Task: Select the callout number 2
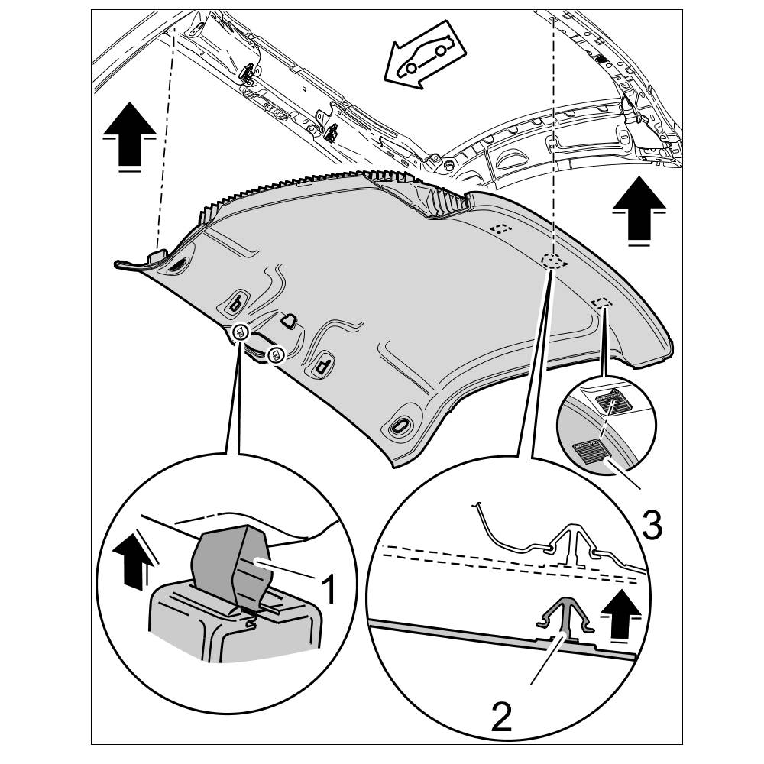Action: [x=501, y=717]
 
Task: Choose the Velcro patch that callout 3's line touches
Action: [x=590, y=452]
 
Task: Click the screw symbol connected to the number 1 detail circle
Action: [x=240, y=332]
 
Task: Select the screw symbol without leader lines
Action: [x=277, y=354]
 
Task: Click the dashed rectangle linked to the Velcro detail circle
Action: [x=602, y=303]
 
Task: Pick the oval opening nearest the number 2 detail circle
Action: [x=400, y=427]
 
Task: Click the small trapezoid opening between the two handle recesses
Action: [x=290, y=321]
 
